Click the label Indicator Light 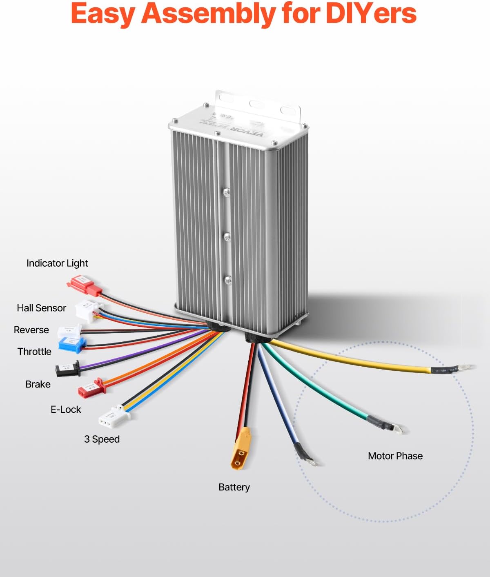click(x=57, y=263)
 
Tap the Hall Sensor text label click(x=41, y=308)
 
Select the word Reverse click(x=31, y=330)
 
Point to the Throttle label click(x=34, y=352)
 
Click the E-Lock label click(x=66, y=410)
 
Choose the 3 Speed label click(x=102, y=439)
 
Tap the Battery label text click(x=234, y=487)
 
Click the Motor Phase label click(x=395, y=456)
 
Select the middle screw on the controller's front click(x=227, y=236)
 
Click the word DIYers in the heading click(x=371, y=13)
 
